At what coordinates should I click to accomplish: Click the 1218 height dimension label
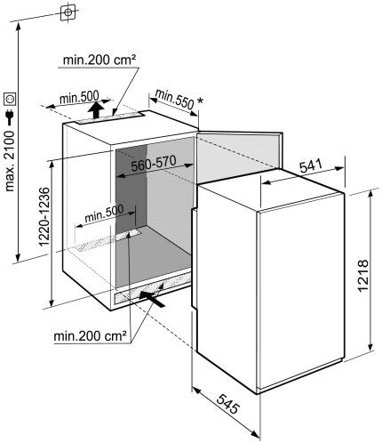[362, 276]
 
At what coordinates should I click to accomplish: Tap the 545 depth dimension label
[227, 404]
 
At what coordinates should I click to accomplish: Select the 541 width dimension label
[311, 165]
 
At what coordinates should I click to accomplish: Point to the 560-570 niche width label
[154, 163]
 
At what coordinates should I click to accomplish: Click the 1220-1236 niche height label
[44, 216]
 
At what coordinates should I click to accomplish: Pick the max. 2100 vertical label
[9, 161]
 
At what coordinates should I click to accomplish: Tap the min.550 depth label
[174, 98]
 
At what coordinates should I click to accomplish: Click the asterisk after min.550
[200, 101]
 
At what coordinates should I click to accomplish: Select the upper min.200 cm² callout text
[99, 60]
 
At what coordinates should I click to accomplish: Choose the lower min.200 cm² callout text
[91, 336]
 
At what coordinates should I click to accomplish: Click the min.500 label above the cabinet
[79, 97]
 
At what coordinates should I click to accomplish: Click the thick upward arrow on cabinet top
[95, 109]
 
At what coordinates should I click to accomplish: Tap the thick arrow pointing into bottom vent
[152, 299]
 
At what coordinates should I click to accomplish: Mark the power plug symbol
[10, 117]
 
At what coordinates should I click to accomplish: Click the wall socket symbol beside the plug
[10, 99]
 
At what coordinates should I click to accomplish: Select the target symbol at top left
[68, 12]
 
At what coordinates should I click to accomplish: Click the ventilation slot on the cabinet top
[109, 117]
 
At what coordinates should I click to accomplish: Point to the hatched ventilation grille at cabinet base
[152, 288]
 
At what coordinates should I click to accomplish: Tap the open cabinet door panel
[239, 157]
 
